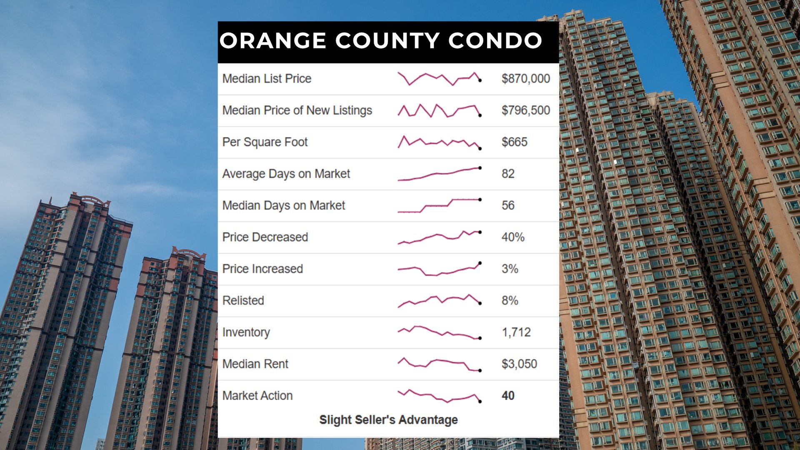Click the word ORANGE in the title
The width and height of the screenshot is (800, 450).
point(273,41)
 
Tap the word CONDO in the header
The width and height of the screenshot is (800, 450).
point(495,41)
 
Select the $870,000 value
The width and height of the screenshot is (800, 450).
point(525,79)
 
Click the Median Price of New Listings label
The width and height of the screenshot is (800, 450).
point(297,110)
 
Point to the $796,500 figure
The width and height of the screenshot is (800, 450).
point(525,110)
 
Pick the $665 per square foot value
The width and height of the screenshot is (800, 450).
point(514,142)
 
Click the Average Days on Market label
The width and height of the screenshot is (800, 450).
point(286,174)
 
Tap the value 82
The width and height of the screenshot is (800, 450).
point(508,174)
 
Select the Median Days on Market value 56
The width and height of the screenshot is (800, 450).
point(508,205)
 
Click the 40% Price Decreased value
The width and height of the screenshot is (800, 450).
point(513,237)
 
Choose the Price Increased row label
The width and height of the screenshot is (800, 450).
point(262,269)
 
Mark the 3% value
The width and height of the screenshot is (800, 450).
point(510,269)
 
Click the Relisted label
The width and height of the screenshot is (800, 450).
point(243,300)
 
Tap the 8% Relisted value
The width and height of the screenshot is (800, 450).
point(510,300)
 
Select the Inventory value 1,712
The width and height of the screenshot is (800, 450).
point(516,332)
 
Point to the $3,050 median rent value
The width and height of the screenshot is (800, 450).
point(519,364)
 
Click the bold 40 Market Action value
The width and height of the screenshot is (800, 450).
point(508,395)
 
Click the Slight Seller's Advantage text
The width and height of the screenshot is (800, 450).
point(388,420)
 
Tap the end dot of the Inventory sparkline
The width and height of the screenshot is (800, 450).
point(480,338)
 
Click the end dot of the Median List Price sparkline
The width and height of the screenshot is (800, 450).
point(480,80)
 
